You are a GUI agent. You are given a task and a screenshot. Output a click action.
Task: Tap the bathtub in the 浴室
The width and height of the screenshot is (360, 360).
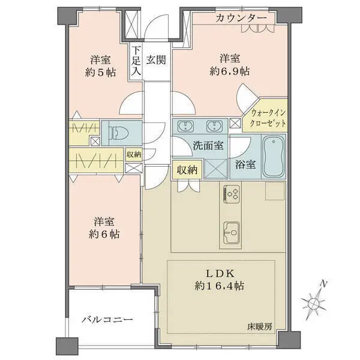click(x=274, y=156)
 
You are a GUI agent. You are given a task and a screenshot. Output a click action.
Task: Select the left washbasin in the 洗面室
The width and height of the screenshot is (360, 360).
click(x=185, y=126)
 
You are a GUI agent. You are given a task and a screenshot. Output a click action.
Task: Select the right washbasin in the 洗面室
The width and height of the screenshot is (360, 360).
click(x=214, y=126)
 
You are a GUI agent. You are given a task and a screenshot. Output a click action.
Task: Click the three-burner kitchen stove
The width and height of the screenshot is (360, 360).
click(x=232, y=194)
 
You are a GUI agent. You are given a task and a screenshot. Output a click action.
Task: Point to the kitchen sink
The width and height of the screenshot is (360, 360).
click(x=232, y=233)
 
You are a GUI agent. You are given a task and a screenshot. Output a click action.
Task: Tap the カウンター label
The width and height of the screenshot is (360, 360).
click(x=241, y=18)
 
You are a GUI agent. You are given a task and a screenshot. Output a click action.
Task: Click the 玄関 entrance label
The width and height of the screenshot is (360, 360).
click(x=156, y=60)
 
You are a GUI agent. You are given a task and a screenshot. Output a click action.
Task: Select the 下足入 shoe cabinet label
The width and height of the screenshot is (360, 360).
click(x=136, y=61)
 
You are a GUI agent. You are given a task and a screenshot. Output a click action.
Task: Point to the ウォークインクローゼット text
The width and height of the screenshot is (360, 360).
click(x=268, y=118)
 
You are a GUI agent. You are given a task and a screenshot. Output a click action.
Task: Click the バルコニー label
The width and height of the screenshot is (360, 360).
click(x=107, y=320)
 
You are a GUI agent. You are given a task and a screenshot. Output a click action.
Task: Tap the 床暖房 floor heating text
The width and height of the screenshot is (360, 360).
click(x=260, y=326)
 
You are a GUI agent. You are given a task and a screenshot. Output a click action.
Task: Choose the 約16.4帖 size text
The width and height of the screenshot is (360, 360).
click(x=219, y=286)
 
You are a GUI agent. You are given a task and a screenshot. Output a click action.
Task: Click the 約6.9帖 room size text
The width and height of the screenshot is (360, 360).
click(x=230, y=71)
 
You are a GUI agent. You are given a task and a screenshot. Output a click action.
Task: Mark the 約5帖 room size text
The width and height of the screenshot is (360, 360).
click(x=101, y=73)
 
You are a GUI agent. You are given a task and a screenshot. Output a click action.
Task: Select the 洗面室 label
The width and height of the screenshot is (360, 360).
click(x=208, y=145)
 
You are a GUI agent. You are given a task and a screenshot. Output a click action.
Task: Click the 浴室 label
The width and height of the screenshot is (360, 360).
click(x=245, y=164)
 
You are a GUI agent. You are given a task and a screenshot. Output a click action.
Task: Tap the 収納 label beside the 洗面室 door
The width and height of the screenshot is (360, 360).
click(x=187, y=170)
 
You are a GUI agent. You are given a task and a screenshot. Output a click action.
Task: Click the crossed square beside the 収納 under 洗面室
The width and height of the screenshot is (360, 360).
click(x=215, y=169)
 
